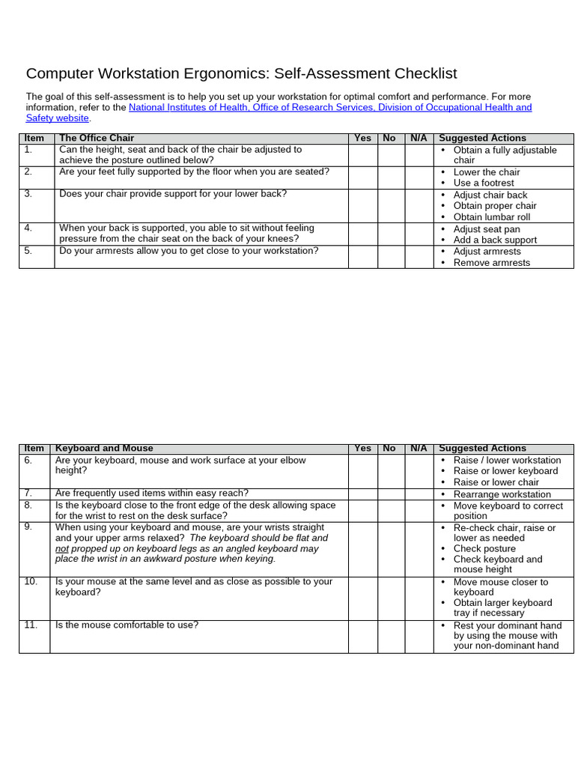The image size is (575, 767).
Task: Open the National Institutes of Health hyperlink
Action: pos(330,107)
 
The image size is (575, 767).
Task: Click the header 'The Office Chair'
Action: pos(97,138)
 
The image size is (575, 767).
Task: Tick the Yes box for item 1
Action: pos(362,155)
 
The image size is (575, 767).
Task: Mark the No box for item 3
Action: pos(390,205)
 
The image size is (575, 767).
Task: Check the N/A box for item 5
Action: pos(418,256)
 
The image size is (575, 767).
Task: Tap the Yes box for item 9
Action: pos(362,548)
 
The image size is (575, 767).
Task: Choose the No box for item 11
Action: pos(390,636)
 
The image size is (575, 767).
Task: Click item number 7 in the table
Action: pos(28,493)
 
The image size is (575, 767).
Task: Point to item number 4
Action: pos(28,228)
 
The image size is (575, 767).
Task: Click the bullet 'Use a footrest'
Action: pos(484,183)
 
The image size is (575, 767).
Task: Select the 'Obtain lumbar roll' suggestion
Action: pos(491,217)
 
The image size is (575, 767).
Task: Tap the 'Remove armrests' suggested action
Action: pos(491,263)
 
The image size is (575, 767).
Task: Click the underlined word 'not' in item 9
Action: pos(62,548)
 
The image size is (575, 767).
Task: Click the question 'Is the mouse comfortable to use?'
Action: pos(127,625)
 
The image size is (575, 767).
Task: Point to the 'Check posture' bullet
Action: pos(484,548)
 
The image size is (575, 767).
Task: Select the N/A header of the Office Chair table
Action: pos(418,138)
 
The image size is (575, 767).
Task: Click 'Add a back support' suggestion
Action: pos(495,240)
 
